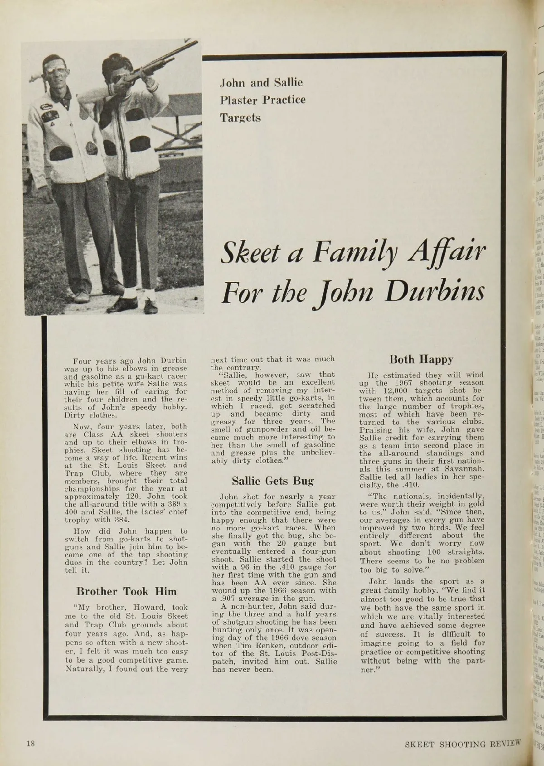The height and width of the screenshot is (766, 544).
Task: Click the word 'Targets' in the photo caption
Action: point(240,118)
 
